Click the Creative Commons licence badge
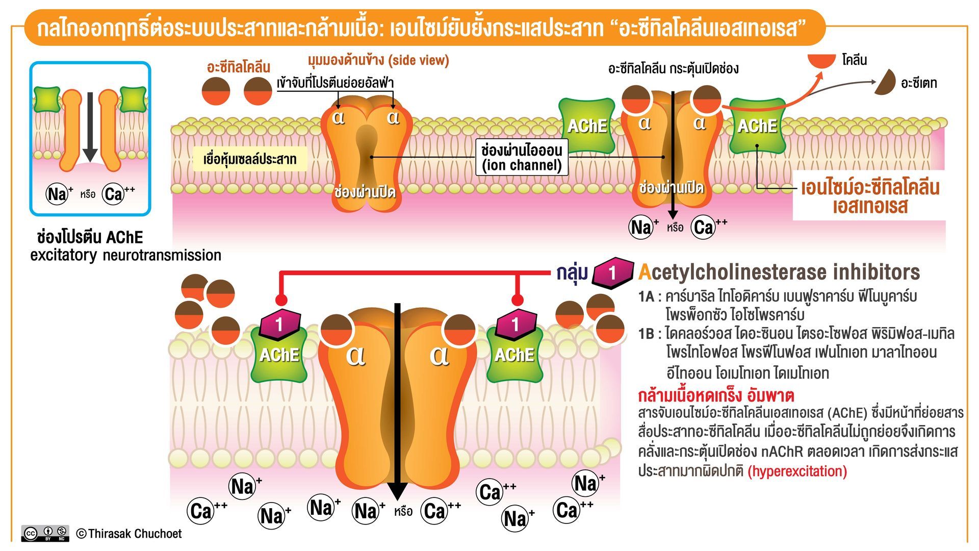point(45,533)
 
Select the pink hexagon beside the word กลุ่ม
point(613,273)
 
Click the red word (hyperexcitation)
point(797,471)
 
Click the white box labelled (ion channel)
point(522,157)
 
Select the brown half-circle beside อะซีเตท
point(886,82)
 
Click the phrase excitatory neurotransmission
point(125,255)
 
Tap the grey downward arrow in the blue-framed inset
point(90,127)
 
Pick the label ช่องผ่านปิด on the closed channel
point(365,192)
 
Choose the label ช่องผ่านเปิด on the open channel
point(671,187)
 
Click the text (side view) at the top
point(419,60)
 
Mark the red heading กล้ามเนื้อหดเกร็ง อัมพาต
point(716,396)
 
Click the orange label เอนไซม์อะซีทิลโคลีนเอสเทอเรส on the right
point(870,197)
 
